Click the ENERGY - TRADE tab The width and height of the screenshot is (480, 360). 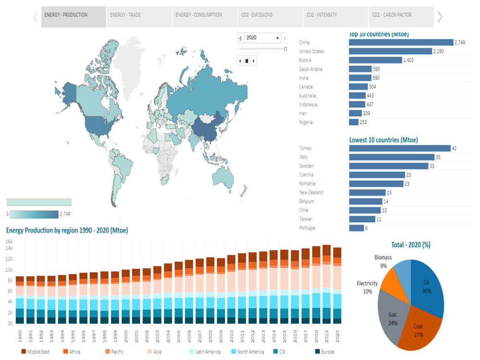125,15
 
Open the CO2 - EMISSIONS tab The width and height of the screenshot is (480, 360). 257,15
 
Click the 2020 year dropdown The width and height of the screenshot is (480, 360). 262,38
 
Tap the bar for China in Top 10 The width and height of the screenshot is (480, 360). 401,43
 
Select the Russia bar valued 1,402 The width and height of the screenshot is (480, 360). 375,60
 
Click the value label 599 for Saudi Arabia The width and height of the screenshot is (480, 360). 376,69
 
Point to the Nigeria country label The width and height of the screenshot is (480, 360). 306,122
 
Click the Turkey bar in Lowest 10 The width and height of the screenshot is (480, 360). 399,148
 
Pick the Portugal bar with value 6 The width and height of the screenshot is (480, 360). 356,228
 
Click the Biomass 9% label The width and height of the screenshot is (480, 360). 383,261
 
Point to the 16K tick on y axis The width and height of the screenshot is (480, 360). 10,242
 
